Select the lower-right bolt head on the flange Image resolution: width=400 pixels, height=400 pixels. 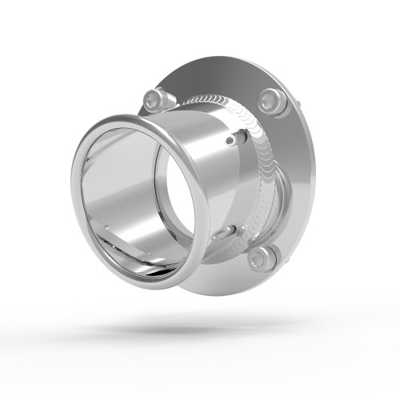(262, 257)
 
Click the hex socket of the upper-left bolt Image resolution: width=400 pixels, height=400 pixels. (154, 98)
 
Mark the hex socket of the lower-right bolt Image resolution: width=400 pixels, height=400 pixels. (261, 257)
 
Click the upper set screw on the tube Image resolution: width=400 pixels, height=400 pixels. (233, 139)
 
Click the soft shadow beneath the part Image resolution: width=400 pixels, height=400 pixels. (200, 328)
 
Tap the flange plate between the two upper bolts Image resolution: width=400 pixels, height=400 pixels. (216, 80)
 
